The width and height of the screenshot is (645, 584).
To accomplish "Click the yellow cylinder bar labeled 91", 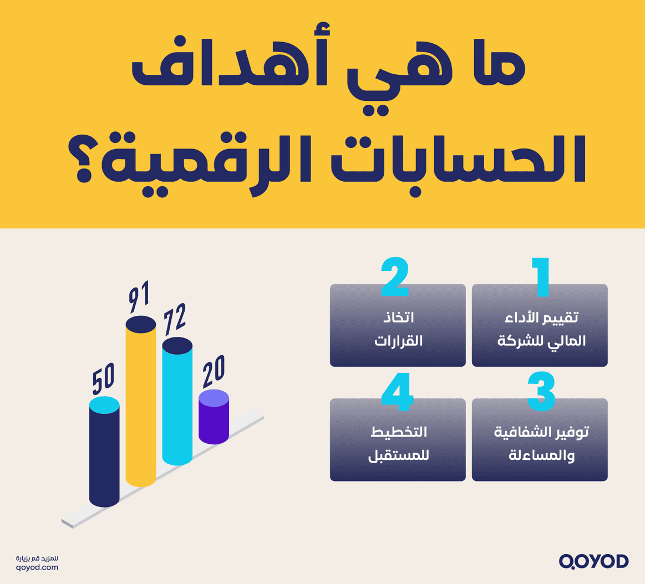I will coord(140,404).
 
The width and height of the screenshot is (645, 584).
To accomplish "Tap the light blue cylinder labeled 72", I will coord(177,404).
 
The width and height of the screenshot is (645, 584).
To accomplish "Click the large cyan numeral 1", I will coord(540,277).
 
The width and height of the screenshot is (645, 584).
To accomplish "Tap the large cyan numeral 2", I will coord(395,277).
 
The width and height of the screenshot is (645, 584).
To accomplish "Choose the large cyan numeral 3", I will coord(541,392).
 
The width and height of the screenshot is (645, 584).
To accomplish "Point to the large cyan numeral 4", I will coord(397,392).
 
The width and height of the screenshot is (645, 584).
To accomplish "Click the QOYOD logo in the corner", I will coord(593,561).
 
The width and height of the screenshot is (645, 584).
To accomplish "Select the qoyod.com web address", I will coord(37,567).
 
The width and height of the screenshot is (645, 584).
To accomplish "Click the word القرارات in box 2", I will coord(398,341).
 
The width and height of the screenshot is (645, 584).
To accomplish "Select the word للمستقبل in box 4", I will coord(398,456).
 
